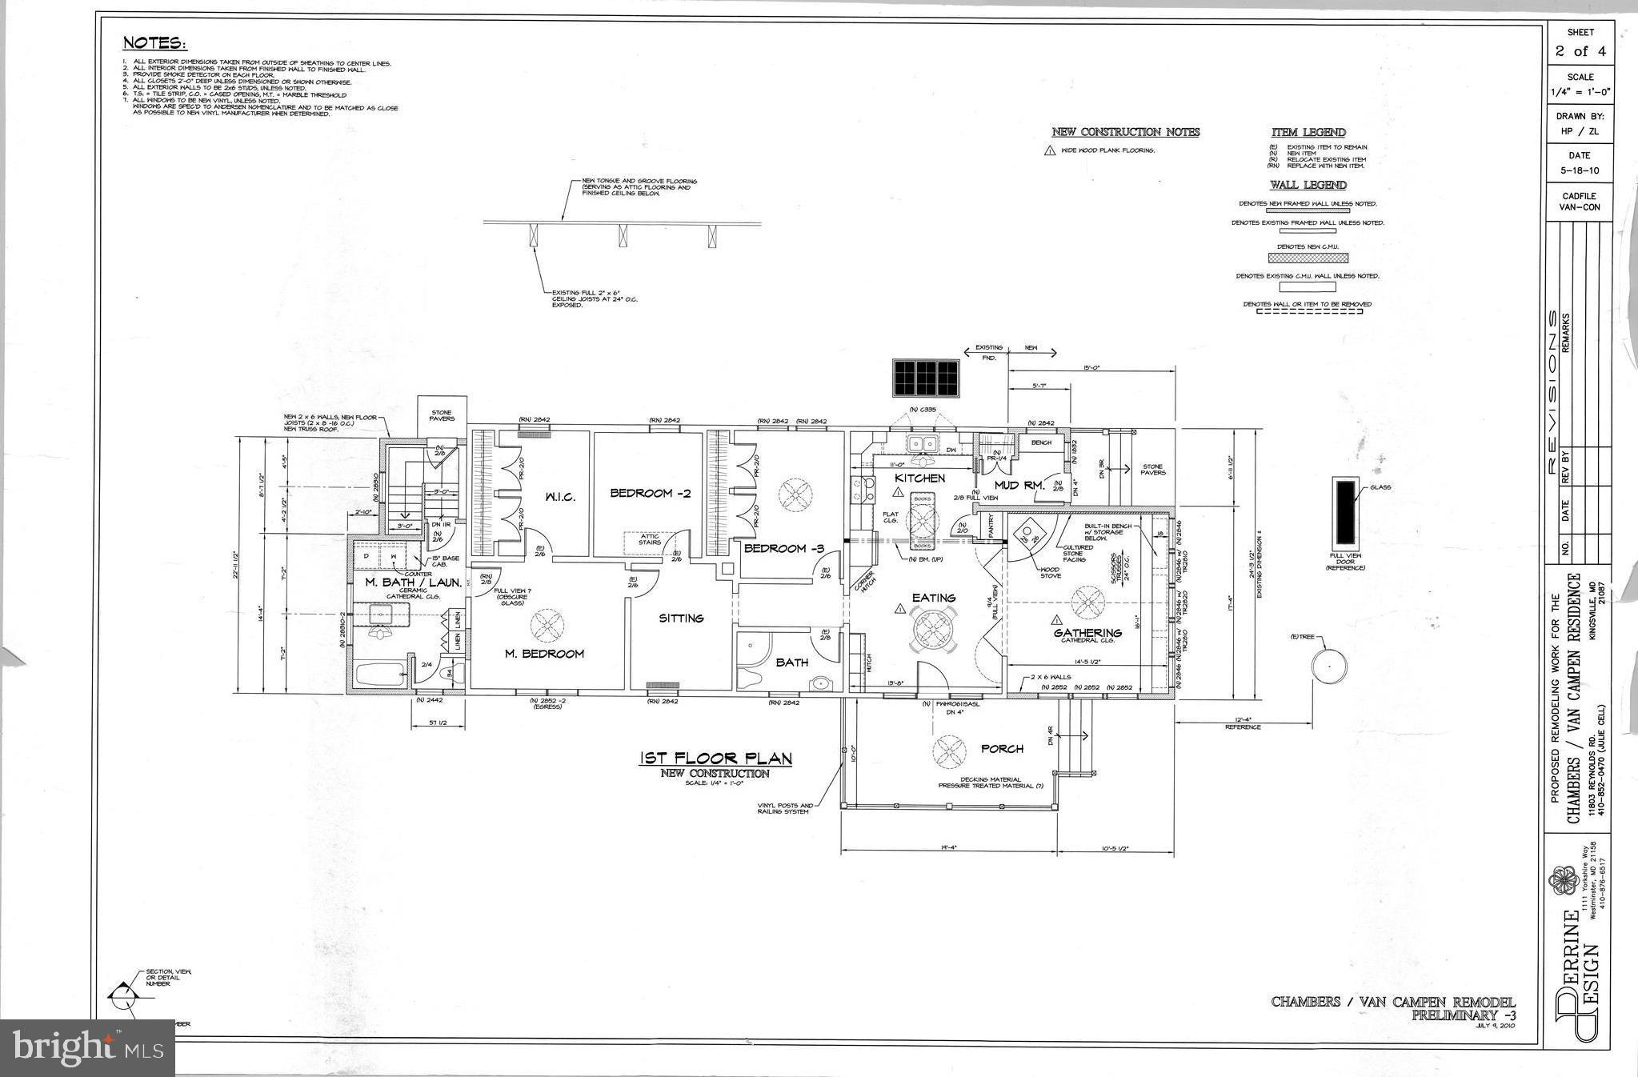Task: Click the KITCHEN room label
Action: pos(919,478)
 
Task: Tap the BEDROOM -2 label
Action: pos(650,493)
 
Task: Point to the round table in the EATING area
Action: pos(933,630)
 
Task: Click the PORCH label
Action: pos(1001,749)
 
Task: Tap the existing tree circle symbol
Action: pos(1328,666)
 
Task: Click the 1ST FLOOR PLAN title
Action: pos(715,759)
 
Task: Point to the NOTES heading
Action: pos(154,43)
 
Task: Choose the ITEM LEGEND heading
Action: pos(1308,132)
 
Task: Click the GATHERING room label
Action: pos(1087,632)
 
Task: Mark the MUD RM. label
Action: pos(1019,485)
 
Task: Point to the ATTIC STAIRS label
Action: pos(650,538)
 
